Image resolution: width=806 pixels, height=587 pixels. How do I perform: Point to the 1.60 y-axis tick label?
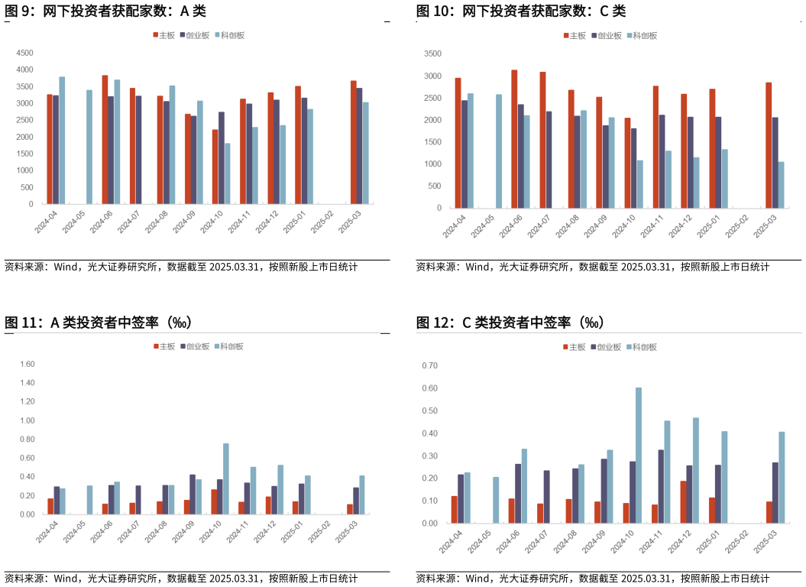click(x=28, y=365)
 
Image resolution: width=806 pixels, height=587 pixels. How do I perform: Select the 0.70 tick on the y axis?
click(x=430, y=366)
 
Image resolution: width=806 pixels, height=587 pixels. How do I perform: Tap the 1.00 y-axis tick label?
click(x=28, y=420)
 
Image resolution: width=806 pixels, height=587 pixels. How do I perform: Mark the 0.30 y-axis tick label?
click(x=430, y=456)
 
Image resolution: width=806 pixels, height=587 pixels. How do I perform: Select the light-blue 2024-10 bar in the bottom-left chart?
click(x=226, y=478)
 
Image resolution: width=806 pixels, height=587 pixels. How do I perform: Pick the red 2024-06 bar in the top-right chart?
click(x=514, y=138)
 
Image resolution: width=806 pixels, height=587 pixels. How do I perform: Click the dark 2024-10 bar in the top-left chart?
click(x=222, y=157)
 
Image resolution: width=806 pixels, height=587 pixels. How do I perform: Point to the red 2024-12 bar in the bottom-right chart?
click(x=683, y=501)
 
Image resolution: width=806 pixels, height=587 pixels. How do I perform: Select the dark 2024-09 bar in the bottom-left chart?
click(x=193, y=494)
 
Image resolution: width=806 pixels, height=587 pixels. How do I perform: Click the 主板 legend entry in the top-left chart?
click(x=164, y=35)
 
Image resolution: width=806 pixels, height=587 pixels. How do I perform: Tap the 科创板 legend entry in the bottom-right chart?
click(x=642, y=347)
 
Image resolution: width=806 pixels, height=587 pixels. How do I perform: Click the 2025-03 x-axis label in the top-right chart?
click(x=765, y=226)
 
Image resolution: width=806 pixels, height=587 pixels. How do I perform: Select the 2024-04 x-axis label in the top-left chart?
click(x=46, y=222)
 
